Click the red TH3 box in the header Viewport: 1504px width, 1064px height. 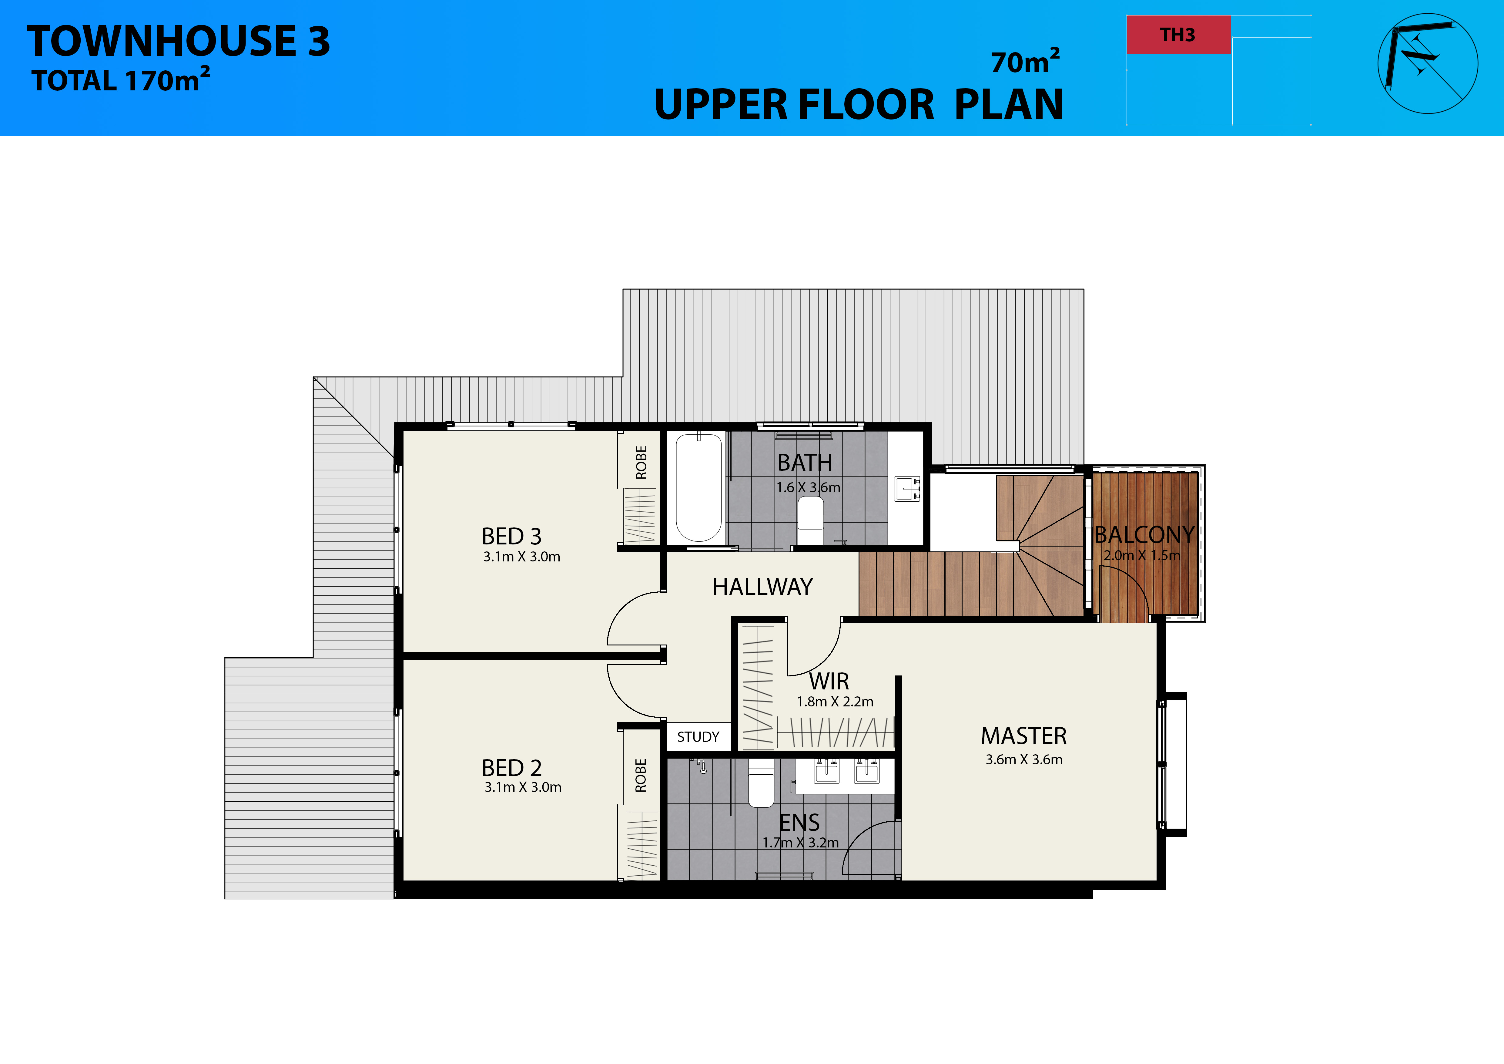click(x=1178, y=35)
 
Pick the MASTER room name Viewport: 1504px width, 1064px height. click(x=1024, y=736)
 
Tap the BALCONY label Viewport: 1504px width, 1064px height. click(x=1144, y=535)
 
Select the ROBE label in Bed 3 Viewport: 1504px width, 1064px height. click(x=641, y=463)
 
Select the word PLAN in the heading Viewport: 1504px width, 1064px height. click(x=1009, y=105)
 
